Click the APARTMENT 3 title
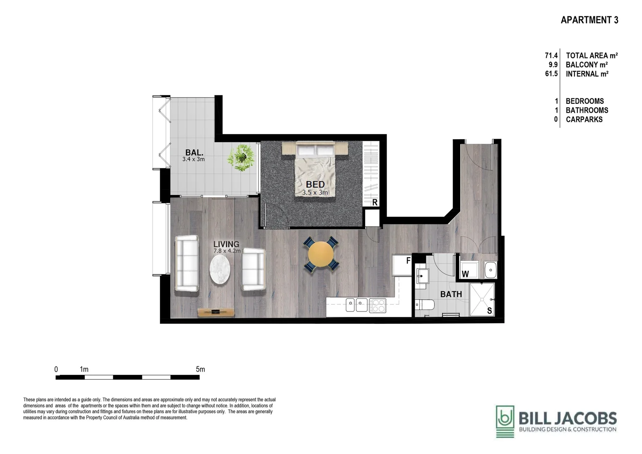point(589,20)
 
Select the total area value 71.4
point(551,55)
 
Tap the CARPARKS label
point(584,119)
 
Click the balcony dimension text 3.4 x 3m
point(193,159)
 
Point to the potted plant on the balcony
point(241,157)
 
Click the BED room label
point(315,184)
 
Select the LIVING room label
point(226,244)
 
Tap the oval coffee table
point(220,269)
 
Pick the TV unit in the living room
point(216,312)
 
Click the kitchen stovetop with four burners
point(377,305)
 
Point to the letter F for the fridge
point(408,261)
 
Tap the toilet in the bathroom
point(421,305)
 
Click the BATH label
point(451,294)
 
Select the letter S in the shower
point(489,311)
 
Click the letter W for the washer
point(465,274)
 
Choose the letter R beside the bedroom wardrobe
point(375,203)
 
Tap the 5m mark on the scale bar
point(200,370)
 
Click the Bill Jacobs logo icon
point(505,421)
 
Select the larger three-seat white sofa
point(187,263)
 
